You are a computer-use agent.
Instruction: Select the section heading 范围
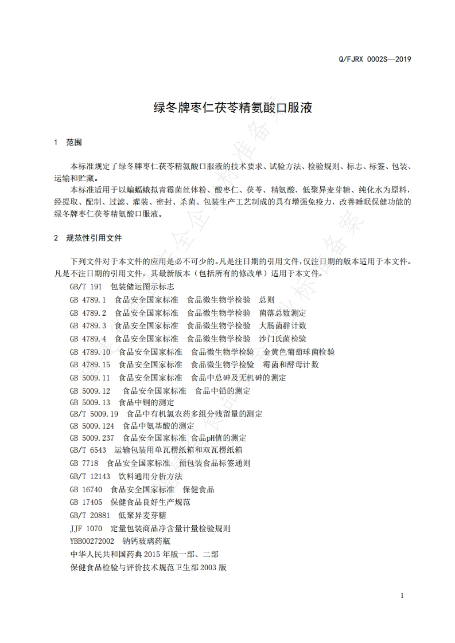pos(75,142)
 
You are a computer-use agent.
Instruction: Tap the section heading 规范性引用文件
pos(94,237)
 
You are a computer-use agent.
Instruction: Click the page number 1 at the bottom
pos(402,595)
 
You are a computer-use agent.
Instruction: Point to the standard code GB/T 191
pos(85,287)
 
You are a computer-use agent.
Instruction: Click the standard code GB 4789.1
pos(88,300)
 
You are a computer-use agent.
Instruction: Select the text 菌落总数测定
pos(282,313)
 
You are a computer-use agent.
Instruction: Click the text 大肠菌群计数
pos(282,326)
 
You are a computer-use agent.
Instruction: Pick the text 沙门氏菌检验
pos(282,339)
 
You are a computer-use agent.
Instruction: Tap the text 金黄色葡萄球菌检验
pos(299,352)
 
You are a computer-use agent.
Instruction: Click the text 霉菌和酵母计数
pos(291,364)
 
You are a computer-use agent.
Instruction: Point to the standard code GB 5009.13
pos(90,402)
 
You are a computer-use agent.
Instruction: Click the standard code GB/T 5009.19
pos(94,414)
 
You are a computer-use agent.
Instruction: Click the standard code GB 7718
pos(84,463)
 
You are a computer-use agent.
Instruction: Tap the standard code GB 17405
pos(85,502)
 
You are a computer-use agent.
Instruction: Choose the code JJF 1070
pos(85,528)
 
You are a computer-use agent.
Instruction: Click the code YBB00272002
pos(92,541)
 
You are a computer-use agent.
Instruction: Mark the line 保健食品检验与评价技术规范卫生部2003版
pos(149,567)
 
